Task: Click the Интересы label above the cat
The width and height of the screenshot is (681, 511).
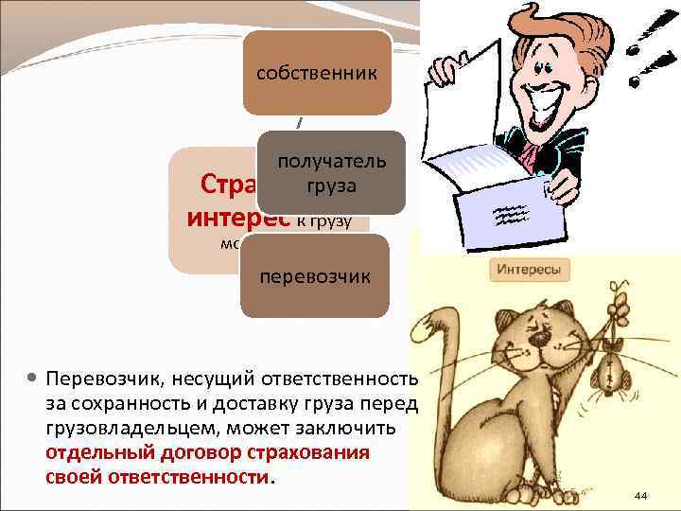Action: (x=529, y=271)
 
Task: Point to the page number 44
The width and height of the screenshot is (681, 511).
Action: (x=640, y=495)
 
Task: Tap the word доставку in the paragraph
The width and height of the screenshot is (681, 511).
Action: (x=216, y=404)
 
